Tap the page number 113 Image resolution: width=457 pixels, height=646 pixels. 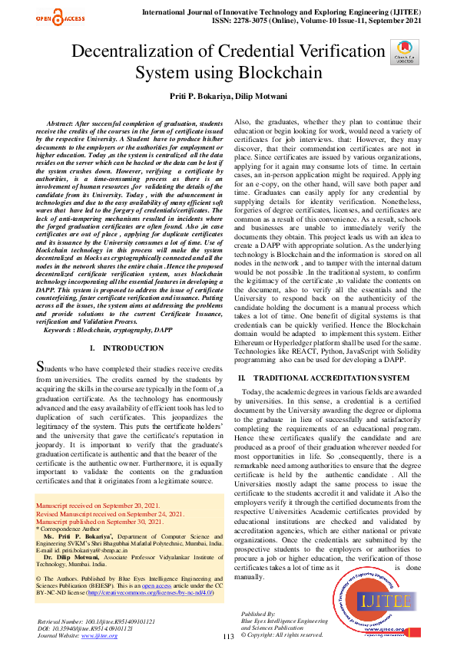228,637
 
